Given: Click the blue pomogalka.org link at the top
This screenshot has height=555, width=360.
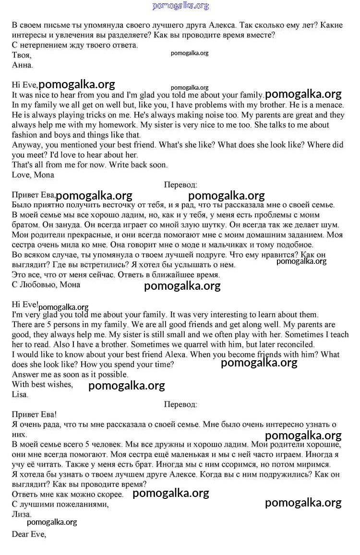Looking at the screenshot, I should click(x=180, y=6).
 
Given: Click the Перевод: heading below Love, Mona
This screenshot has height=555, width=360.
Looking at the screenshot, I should click(x=180, y=185).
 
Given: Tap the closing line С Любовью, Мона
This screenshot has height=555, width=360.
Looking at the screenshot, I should click(x=46, y=284).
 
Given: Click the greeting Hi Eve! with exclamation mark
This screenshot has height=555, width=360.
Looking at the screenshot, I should click(x=24, y=304).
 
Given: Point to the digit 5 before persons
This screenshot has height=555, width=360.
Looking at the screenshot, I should click(x=45, y=325).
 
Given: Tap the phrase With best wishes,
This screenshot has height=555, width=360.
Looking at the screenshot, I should click(x=42, y=384).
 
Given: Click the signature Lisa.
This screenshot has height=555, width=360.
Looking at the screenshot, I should click(x=20, y=394).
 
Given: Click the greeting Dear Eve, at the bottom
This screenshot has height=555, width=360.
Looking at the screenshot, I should click(x=29, y=533).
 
